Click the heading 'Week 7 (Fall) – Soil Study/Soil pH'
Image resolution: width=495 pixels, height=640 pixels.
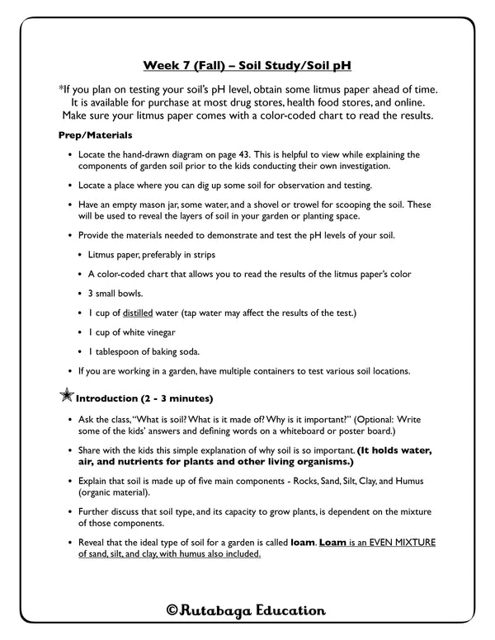point(247,64)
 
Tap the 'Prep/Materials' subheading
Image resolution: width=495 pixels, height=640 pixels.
point(95,134)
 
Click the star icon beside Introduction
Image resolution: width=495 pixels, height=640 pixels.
point(66,397)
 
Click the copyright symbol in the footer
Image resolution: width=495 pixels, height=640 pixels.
point(172,611)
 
